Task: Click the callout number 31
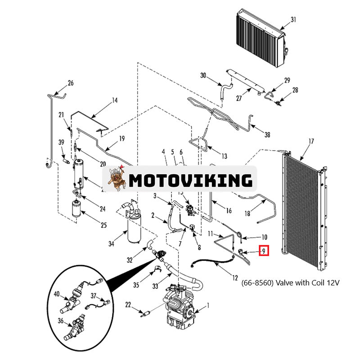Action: point(293,19)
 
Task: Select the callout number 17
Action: point(310,141)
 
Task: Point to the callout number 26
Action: point(70,83)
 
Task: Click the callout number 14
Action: point(114,100)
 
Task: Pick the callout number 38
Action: point(267,134)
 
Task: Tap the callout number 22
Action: point(128,306)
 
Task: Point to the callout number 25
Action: point(103,225)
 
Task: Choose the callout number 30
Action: point(203,76)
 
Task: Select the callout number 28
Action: point(295,90)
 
